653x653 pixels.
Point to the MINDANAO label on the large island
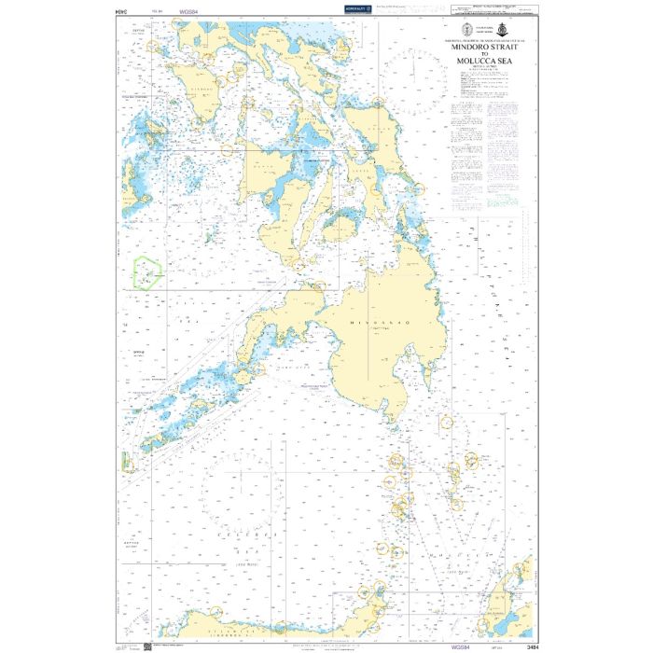371,322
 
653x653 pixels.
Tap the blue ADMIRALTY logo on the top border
357,9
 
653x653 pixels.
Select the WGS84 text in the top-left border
189,10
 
